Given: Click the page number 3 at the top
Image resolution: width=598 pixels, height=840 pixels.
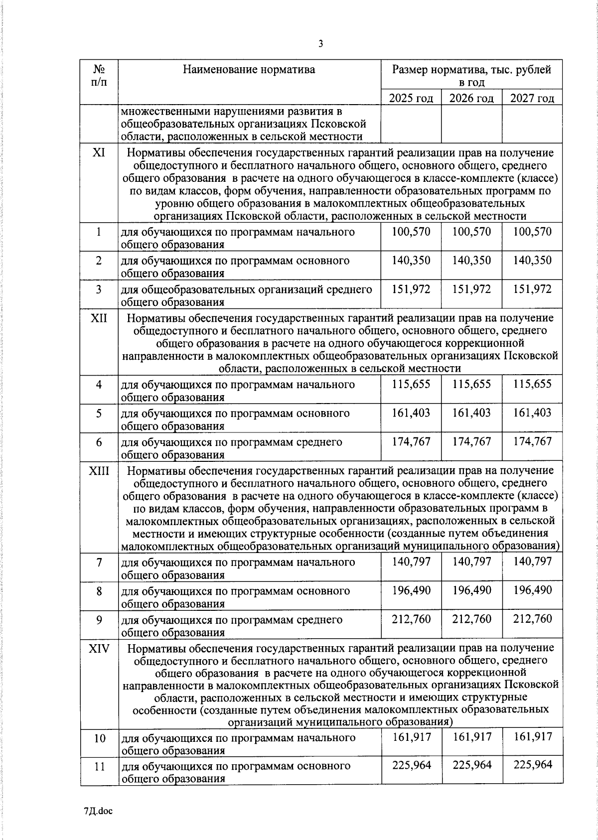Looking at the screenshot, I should coord(321,44).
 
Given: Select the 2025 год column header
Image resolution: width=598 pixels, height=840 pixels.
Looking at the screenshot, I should coord(411,98).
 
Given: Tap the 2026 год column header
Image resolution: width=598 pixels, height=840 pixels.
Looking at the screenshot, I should coord(471,98).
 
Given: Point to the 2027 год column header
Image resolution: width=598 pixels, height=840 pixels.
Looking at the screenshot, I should coord(532,98).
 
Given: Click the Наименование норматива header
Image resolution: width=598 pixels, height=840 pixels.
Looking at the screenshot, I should coord(249,69).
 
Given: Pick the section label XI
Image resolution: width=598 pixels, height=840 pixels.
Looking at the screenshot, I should coord(99,152).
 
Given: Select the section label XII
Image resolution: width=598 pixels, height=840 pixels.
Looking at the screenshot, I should coord(99,317).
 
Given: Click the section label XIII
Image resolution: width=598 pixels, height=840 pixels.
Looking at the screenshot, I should coord(99,470).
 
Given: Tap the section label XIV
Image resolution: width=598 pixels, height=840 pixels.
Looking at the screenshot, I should coord(99,648).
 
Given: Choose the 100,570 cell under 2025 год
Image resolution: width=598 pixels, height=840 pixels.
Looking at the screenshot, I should coord(411,232).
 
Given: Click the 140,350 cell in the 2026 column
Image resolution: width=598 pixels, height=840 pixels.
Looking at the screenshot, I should coord(471,261).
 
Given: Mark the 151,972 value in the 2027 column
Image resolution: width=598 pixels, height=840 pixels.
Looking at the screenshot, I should coord(532,289).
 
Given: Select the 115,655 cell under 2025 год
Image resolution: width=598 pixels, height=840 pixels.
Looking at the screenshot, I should coord(411,384).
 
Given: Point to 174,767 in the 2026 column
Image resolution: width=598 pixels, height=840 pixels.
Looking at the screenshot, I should coord(471,441).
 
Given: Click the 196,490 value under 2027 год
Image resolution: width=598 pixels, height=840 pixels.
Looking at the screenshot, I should coord(532,590).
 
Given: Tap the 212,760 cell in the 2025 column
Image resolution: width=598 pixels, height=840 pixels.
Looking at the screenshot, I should coord(411,619).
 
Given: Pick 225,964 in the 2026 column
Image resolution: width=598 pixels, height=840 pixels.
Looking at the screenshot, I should coord(471,765).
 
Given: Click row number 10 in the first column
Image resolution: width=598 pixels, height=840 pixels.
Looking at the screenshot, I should coord(99,738).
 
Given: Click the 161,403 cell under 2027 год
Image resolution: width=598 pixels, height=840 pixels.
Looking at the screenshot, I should coord(532,413).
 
